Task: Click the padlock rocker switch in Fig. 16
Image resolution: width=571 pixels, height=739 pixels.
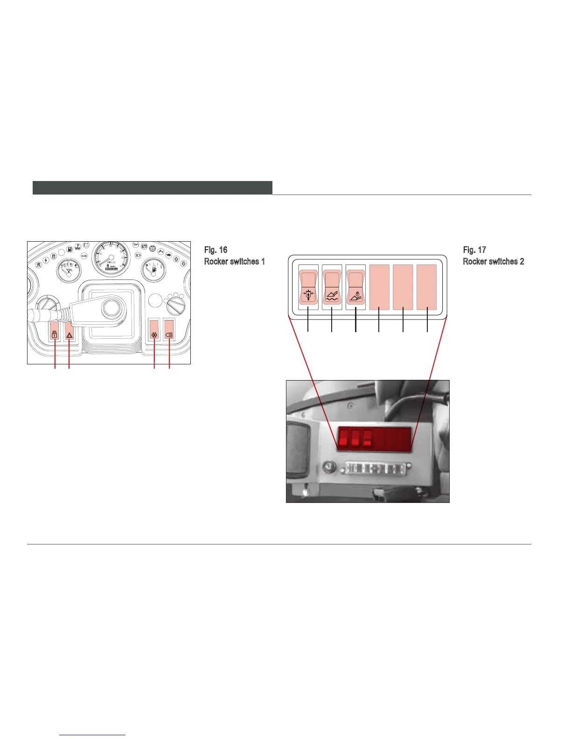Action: (55, 330)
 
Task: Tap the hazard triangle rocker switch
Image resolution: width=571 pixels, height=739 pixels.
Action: (69, 330)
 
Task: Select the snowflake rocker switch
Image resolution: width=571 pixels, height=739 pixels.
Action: (154, 330)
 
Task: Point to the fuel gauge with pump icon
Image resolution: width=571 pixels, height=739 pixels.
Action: (152, 269)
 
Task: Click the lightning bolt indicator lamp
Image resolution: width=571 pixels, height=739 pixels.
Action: (46, 260)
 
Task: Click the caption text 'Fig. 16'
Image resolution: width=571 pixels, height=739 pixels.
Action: (216, 250)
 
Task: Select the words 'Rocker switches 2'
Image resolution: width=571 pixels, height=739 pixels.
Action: (493, 261)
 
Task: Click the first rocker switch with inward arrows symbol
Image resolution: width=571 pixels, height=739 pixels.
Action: (308, 287)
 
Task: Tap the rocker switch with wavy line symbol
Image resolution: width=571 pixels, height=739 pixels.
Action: (332, 287)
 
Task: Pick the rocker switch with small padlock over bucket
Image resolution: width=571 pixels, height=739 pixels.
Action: (355, 287)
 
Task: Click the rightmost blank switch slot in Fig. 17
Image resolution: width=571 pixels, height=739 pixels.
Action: (426, 287)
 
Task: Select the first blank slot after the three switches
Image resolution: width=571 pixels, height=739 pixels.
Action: (379, 287)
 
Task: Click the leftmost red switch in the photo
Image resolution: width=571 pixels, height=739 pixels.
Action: (344, 439)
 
